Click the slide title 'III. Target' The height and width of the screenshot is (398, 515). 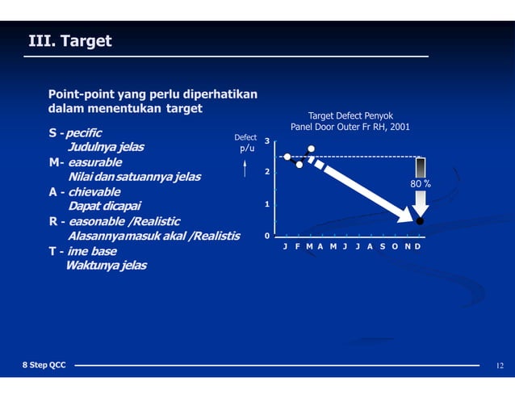70,40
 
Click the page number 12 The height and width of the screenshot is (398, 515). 500,366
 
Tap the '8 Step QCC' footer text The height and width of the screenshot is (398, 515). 44,366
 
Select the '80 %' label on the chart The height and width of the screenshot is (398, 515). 420,184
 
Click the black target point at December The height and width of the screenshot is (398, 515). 420,220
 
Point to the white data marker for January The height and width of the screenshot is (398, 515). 287,157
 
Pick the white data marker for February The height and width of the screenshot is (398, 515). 299,165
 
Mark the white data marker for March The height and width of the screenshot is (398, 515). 312,149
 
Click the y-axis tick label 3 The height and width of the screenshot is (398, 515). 267,142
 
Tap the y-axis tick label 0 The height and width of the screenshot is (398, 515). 267,237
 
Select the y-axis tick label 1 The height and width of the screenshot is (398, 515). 267,205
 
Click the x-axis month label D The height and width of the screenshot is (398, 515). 418,246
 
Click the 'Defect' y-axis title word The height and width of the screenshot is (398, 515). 245,138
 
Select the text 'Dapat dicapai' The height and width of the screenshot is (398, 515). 105,207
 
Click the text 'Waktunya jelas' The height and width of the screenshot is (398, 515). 107,266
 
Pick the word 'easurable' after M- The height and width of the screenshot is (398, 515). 95,162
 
